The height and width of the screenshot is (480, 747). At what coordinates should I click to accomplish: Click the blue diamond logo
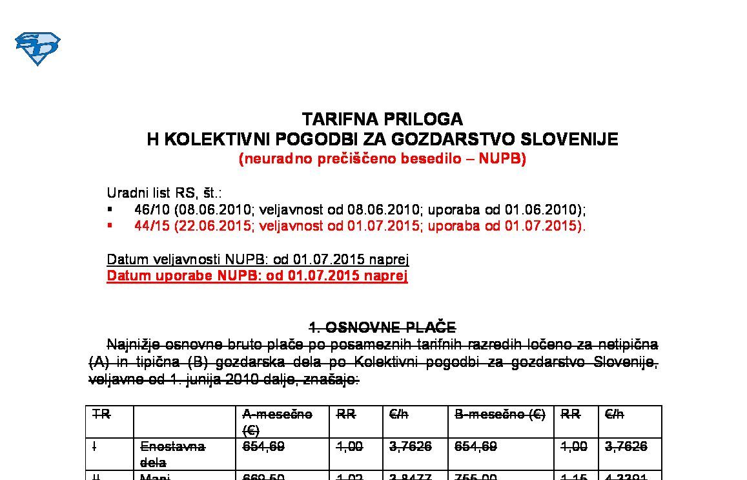click(37, 48)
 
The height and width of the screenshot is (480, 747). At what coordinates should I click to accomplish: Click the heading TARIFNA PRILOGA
click(382, 120)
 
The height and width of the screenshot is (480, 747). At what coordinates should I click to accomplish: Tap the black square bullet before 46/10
click(110, 209)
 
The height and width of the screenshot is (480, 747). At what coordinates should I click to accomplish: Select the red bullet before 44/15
click(110, 225)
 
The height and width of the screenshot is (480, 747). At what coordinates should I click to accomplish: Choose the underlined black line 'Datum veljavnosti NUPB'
click(258, 260)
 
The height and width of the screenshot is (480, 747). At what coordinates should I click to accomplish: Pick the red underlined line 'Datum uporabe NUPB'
click(257, 276)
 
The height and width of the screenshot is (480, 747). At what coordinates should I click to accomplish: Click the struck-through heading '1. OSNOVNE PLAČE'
click(382, 327)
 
